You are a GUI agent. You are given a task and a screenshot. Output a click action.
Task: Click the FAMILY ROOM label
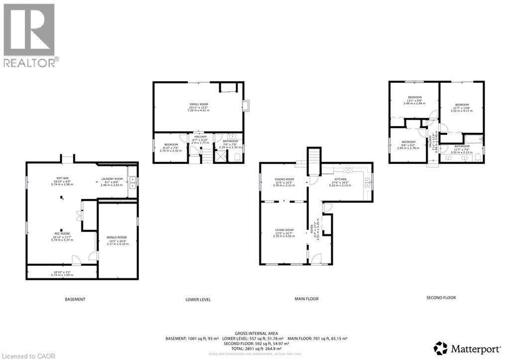point(198,105)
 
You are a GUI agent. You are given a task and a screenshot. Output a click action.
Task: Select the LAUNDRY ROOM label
point(112,179)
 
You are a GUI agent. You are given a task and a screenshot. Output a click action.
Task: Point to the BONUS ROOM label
point(117,238)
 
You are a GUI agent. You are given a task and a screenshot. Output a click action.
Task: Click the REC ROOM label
point(62,233)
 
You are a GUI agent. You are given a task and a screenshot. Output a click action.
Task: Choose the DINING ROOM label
point(284,179)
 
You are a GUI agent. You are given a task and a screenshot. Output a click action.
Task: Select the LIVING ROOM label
point(284,230)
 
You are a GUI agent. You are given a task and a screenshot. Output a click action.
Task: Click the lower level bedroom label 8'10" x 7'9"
point(171,145)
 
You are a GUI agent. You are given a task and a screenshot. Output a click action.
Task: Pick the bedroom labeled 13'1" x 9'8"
point(415,97)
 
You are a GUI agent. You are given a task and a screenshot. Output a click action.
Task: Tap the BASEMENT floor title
point(75,299)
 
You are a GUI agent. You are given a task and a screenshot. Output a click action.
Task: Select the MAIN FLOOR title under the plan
point(306,299)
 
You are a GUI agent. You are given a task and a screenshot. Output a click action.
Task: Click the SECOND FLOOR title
point(441,298)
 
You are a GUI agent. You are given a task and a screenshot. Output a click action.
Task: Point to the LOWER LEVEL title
point(198,300)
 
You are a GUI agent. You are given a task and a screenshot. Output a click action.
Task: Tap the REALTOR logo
point(29,35)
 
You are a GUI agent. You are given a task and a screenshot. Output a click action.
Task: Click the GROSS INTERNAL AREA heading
point(256,333)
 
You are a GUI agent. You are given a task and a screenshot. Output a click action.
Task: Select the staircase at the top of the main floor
point(314,161)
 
